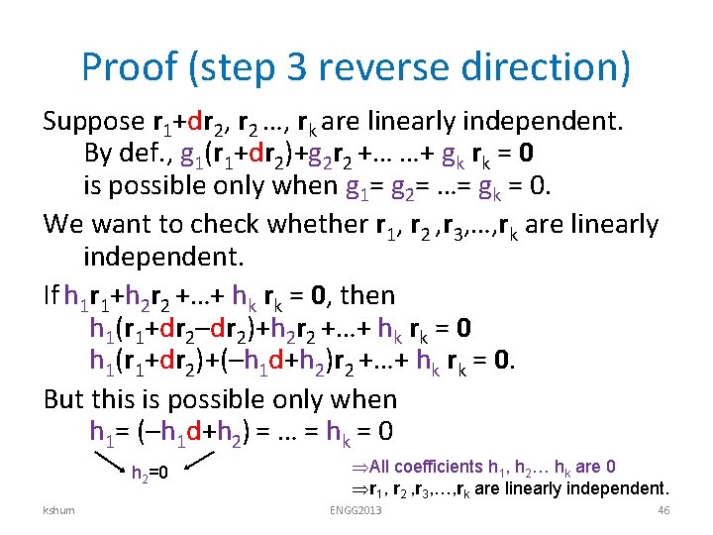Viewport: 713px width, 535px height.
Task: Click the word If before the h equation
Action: point(51,295)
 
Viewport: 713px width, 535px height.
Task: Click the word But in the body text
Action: point(65,399)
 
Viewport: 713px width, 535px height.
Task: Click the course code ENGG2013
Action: point(356,510)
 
